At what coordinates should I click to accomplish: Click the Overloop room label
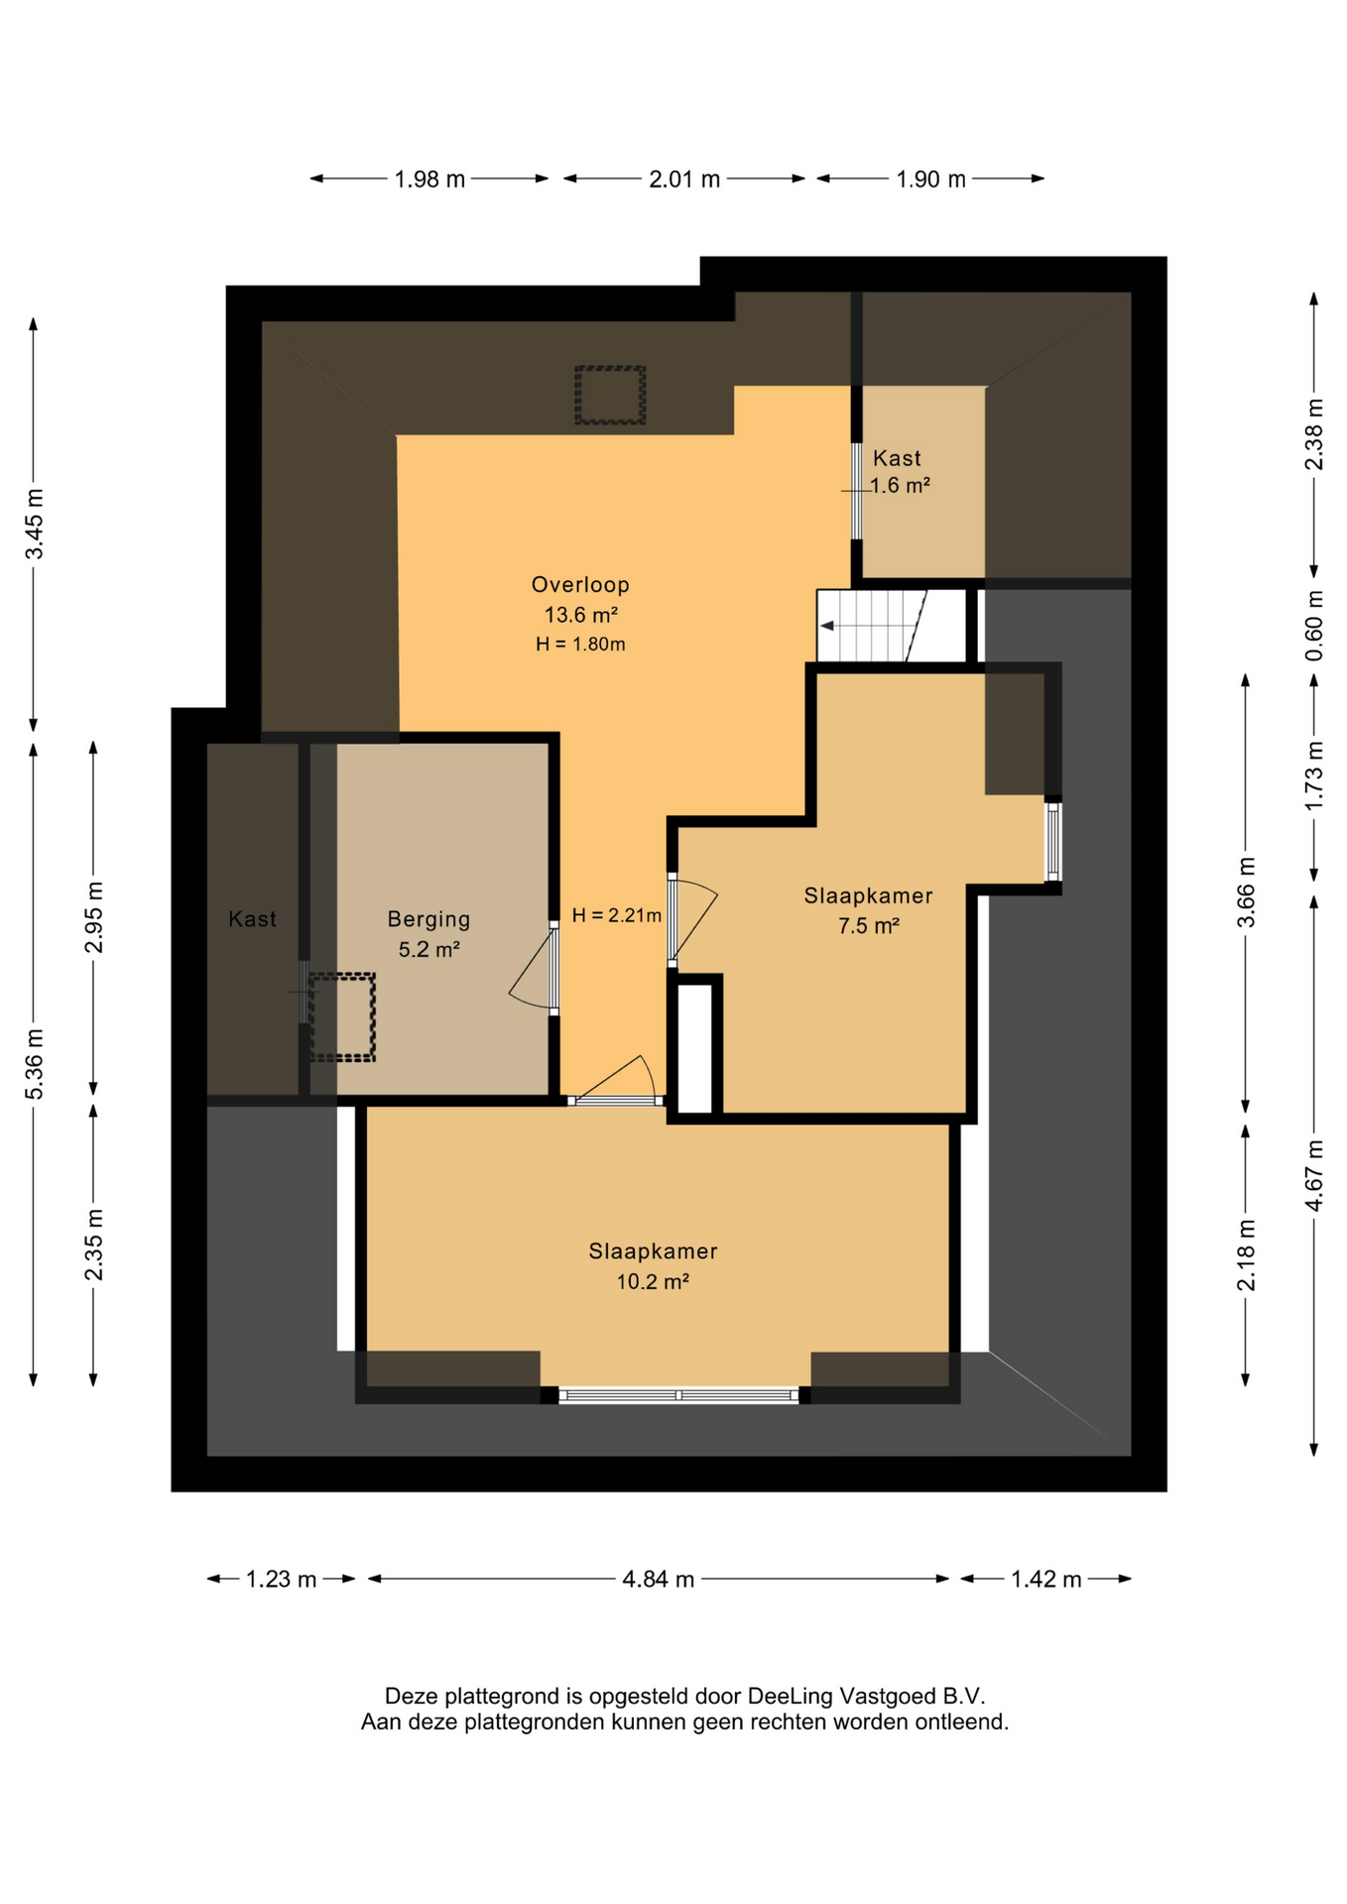(580, 585)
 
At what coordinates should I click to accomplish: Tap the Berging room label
(429, 919)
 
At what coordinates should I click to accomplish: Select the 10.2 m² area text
(653, 1281)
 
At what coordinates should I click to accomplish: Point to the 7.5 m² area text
(869, 926)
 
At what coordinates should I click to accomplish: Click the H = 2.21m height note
(616, 915)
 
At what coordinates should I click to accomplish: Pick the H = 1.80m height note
(580, 645)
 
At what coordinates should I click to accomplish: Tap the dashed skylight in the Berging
(342, 1017)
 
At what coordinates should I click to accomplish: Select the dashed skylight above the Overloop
(610, 395)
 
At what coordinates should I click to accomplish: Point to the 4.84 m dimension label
(658, 1579)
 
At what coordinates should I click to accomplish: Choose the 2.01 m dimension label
(684, 179)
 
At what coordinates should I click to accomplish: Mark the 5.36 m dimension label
(35, 1063)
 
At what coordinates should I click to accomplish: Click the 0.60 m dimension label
(1314, 626)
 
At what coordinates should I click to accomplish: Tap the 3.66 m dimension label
(1246, 892)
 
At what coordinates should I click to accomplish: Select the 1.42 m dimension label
(1045, 1579)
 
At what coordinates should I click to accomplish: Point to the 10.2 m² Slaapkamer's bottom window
(678, 1395)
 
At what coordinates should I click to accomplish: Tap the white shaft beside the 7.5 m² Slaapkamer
(694, 1047)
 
